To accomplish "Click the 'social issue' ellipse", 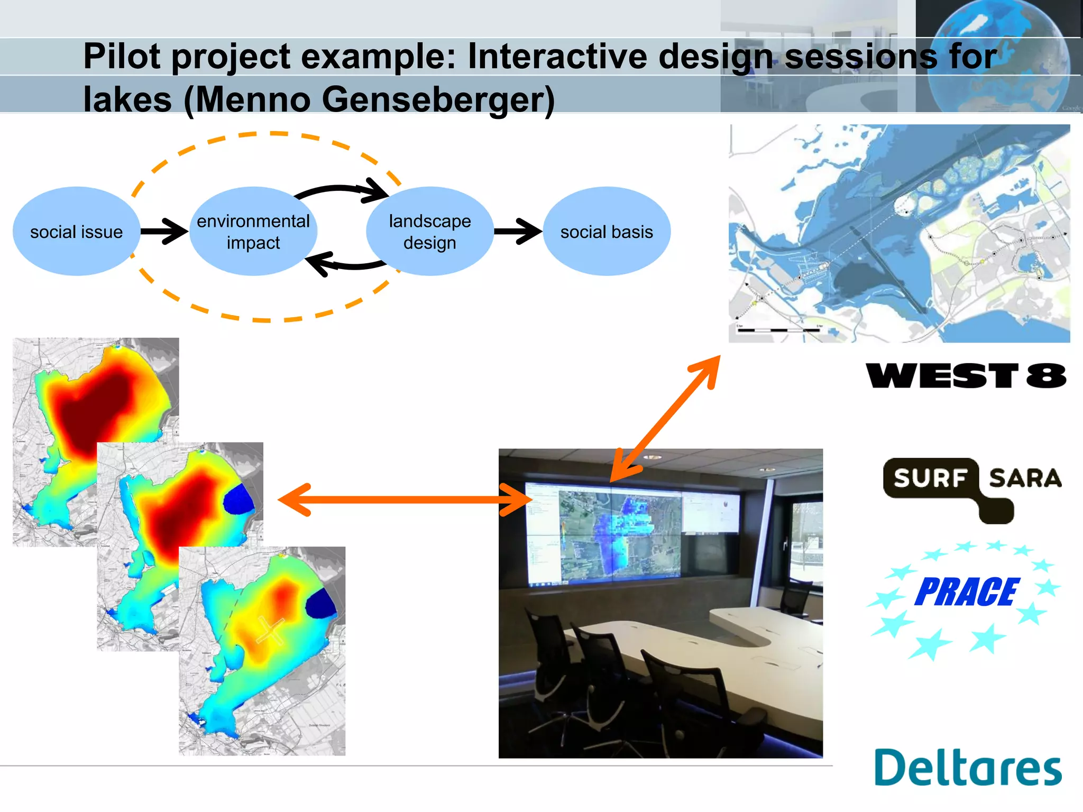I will (76, 232).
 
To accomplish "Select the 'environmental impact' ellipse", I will (253, 232).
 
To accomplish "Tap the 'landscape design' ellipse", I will (429, 232).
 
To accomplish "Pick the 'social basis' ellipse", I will (607, 232).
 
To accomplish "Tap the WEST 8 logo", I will (966, 376).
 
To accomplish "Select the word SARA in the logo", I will (1025, 478).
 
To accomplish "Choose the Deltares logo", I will (968, 768).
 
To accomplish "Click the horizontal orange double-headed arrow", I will (405, 500).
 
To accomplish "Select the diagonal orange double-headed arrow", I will (665, 418).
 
